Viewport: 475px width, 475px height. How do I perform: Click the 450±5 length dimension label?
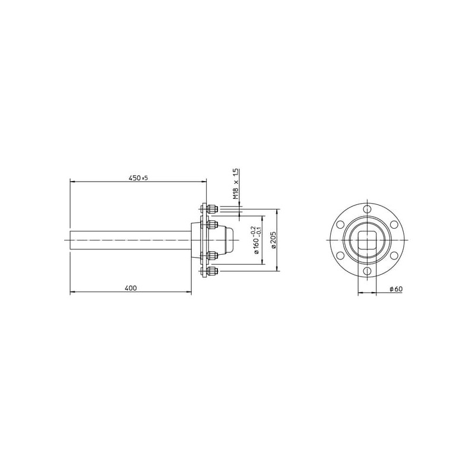(138, 178)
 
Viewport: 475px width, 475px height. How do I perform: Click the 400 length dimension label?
(131, 288)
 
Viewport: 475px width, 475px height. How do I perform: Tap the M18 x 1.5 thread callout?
(236, 183)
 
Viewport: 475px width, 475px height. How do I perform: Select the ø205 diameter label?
(273, 240)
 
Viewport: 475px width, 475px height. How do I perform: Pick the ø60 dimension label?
(396, 289)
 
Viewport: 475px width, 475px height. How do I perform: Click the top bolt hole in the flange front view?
(367, 209)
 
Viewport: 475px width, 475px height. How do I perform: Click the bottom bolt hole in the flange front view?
(367, 271)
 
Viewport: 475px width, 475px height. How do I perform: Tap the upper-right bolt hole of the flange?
(394, 224)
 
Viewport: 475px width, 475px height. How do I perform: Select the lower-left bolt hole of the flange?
(340, 255)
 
